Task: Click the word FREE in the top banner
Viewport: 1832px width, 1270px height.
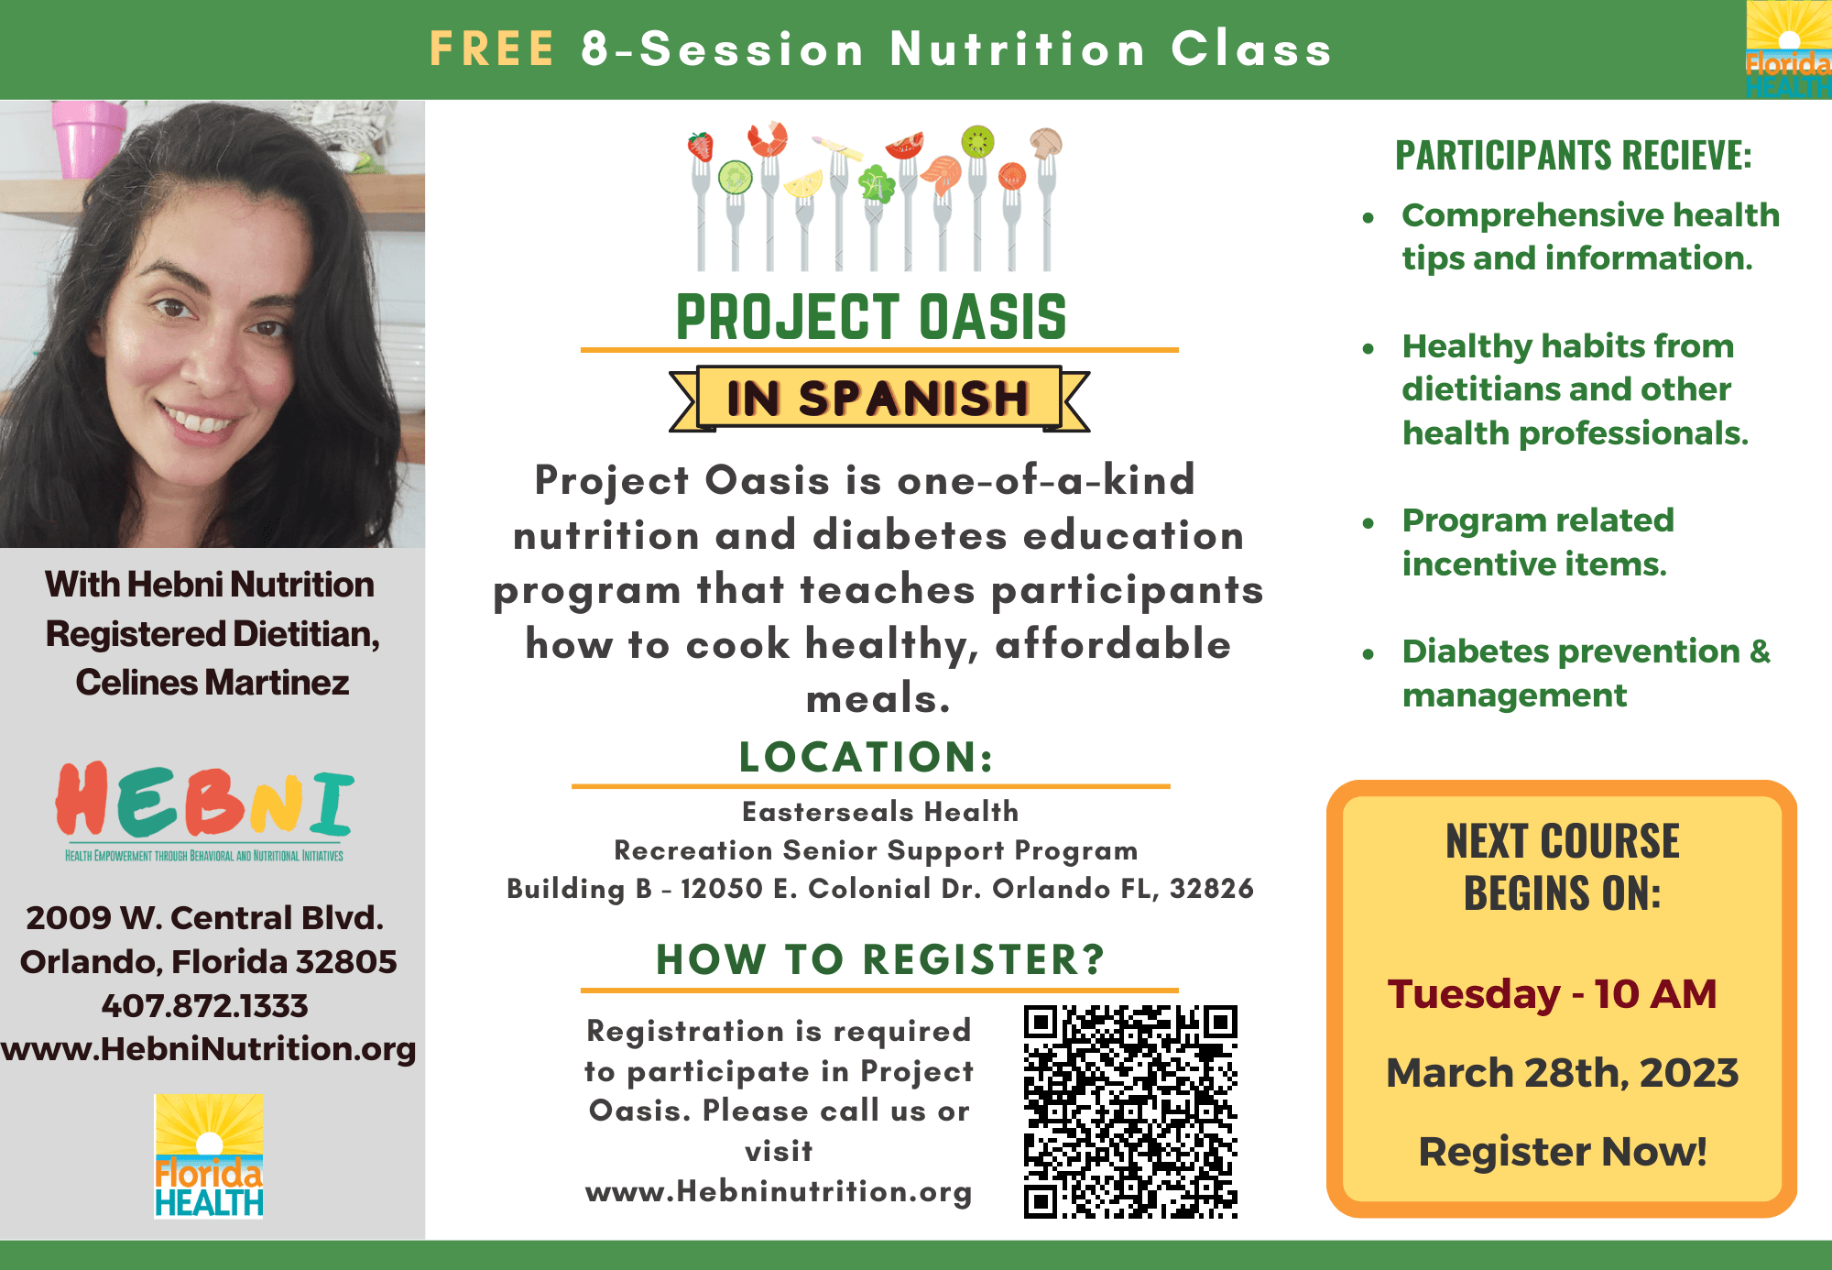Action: pyautogui.click(x=492, y=49)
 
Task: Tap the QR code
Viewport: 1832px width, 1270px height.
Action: pyautogui.click(x=1130, y=1111)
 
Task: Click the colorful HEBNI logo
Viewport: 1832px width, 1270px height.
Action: pyautogui.click(x=204, y=811)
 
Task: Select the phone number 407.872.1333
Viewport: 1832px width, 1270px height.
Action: pyautogui.click(x=205, y=1005)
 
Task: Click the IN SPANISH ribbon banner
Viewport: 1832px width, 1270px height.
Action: pyautogui.click(x=879, y=399)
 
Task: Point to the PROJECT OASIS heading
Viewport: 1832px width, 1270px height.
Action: pyautogui.click(x=871, y=317)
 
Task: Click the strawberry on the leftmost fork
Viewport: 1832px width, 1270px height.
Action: pyautogui.click(x=701, y=147)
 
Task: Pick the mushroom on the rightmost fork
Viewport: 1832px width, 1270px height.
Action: pyautogui.click(x=1045, y=142)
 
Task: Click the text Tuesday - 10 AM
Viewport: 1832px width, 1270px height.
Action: pyautogui.click(x=1552, y=994)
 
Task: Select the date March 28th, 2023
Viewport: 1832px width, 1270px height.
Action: pyautogui.click(x=1562, y=1072)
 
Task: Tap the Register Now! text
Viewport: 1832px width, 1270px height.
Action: pyautogui.click(x=1563, y=1152)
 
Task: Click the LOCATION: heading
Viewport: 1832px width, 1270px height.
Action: pyautogui.click(x=867, y=757)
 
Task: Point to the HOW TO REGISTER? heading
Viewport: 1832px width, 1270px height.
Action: pyautogui.click(x=880, y=959)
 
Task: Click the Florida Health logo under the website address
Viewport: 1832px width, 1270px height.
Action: pyautogui.click(x=209, y=1155)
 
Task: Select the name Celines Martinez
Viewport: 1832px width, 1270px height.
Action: pyautogui.click(x=213, y=683)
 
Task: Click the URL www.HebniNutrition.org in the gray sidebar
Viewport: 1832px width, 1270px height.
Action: pyautogui.click(x=208, y=1049)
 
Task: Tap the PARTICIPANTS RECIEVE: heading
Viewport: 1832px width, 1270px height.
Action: pyautogui.click(x=1573, y=155)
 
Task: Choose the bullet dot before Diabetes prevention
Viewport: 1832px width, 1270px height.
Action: pyautogui.click(x=1369, y=654)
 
